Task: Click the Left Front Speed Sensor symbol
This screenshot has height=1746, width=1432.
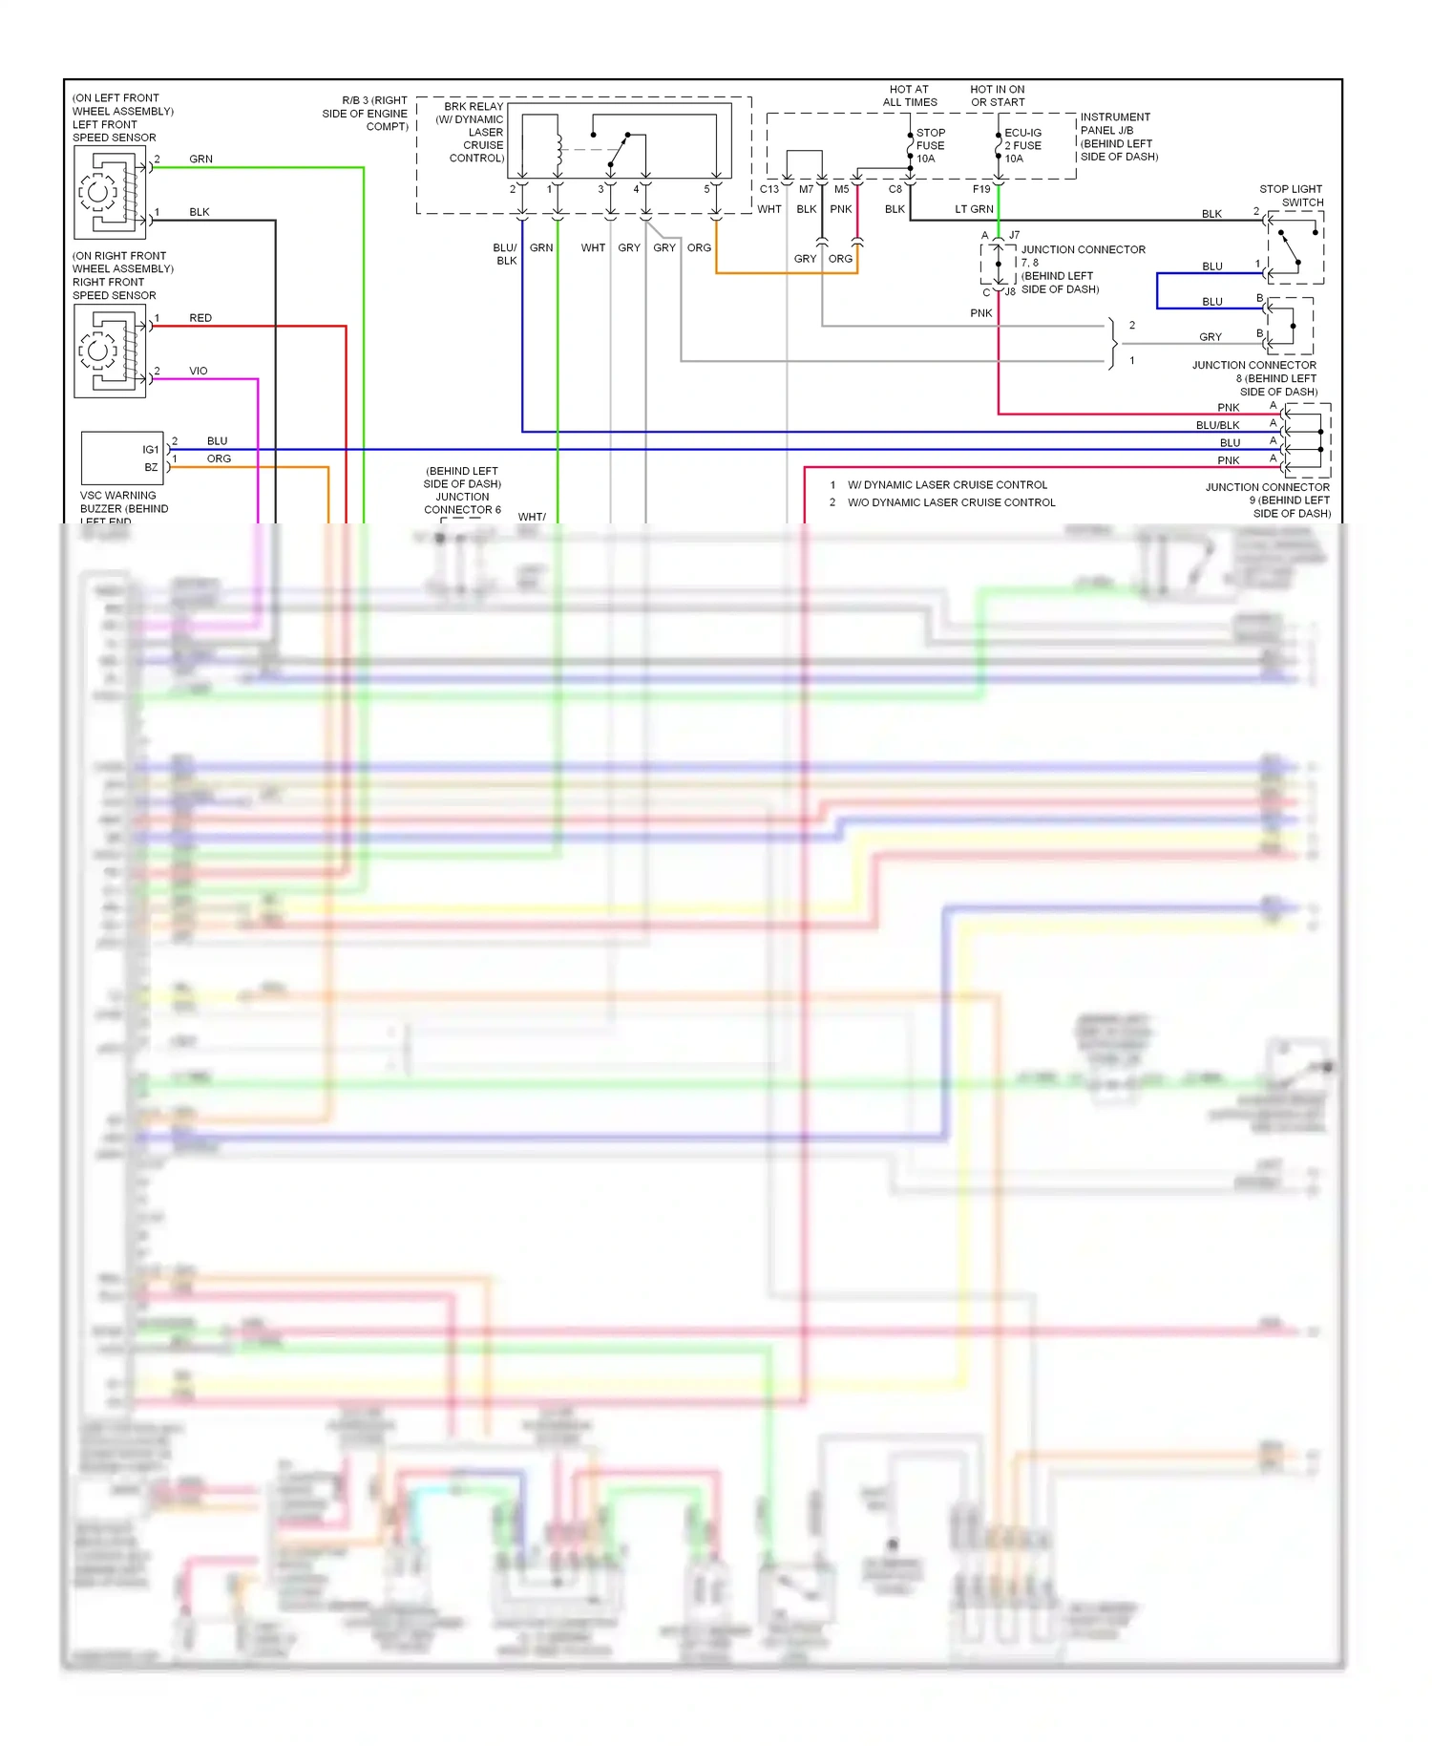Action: (110, 193)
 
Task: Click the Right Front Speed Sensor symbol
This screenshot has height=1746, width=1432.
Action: (110, 351)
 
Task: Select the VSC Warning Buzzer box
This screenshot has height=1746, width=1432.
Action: (121, 458)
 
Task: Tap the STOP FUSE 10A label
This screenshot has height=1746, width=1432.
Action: (930, 146)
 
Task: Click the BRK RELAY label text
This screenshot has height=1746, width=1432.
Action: (473, 107)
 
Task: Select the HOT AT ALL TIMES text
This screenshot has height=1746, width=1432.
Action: (909, 96)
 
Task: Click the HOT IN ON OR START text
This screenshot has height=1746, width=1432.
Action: (998, 96)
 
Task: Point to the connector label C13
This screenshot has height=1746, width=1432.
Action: (769, 189)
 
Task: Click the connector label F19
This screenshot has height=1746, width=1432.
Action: (981, 189)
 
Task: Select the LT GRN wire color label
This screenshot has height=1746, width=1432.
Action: (974, 209)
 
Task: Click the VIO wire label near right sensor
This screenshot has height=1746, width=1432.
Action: (198, 371)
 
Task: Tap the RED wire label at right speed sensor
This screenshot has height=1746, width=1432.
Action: (200, 318)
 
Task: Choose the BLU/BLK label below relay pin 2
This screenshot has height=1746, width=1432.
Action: (505, 254)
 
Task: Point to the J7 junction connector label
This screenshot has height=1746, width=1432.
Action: (1014, 235)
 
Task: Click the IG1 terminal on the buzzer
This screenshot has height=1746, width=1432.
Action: (150, 450)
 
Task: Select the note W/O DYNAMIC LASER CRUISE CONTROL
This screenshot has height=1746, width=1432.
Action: (951, 502)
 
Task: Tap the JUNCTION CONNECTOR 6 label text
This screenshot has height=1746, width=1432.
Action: (462, 503)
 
